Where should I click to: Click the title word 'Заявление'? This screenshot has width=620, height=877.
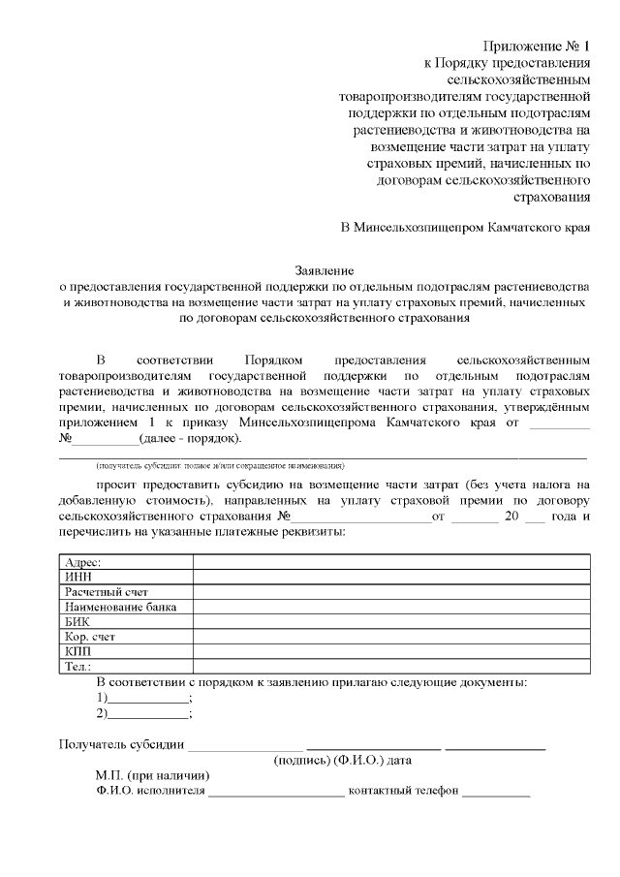point(325,270)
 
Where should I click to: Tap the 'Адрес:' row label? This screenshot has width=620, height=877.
point(82,562)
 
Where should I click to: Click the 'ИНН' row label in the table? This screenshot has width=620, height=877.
point(77,577)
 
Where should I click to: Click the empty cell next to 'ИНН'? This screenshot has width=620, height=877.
point(391,577)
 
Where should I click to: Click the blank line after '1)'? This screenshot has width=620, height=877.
point(147,699)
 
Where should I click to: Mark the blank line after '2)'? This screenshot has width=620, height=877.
point(147,714)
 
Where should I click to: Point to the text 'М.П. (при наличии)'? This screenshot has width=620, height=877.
point(152,775)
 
